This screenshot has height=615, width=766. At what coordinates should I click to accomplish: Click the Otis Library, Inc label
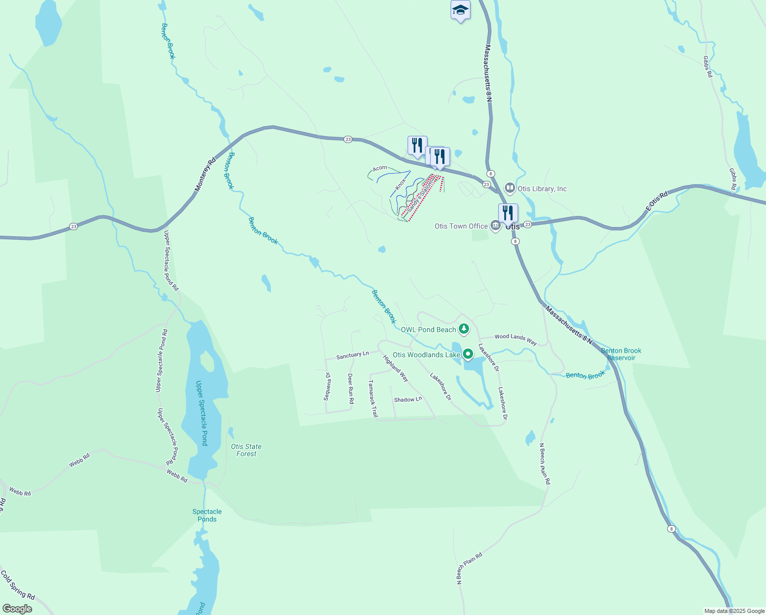click(542, 189)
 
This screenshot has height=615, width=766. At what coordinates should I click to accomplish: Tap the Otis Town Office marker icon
click(495, 226)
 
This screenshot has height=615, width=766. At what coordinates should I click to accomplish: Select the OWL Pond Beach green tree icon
click(464, 329)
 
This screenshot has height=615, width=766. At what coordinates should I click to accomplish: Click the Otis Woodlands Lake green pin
click(468, 354)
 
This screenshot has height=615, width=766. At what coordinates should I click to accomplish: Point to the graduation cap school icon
click(460, 10)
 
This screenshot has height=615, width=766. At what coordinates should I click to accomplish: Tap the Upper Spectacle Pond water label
click(202, 413)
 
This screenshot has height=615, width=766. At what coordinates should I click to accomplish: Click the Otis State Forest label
click(246, 450)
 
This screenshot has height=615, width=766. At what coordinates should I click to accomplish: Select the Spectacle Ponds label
click(207, 515)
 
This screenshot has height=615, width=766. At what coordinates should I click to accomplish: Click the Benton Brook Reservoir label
click(621, 354)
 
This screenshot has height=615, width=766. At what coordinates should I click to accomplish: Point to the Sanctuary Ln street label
click(352, 355)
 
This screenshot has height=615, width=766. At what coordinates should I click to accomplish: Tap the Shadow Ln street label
click(408, 399)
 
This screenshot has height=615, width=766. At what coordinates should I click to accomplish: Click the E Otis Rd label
click(657, 201)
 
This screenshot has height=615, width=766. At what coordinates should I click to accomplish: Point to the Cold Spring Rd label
click(18, 585)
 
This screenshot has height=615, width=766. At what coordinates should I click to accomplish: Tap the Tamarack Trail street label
click(373, 398)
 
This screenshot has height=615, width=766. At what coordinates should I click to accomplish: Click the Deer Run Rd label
click(351, 388)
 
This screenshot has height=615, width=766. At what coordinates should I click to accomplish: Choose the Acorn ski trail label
click(380, 168)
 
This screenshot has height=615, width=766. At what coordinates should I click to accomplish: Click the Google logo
click(17, 609)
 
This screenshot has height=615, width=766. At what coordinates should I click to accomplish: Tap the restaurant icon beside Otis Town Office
click(508, 213)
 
